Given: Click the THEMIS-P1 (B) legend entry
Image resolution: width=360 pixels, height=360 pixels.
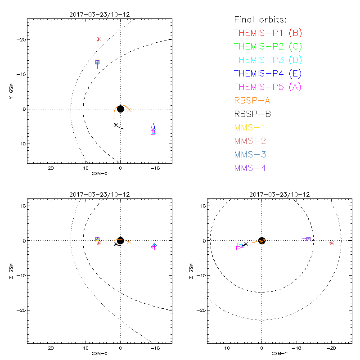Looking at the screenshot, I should click(x=268, y=33).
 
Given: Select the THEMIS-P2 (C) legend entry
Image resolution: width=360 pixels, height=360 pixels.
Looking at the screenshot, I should click(x=268, y=46).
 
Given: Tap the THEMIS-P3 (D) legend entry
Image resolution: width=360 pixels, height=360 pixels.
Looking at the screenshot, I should click(x=268, y=60).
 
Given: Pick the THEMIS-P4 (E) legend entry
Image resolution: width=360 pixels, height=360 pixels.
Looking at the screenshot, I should click(x=268, y=73).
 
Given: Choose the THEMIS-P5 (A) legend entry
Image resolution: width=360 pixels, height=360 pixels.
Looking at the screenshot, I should click(x=268, y=87).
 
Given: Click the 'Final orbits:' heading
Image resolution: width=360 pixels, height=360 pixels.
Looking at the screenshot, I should click(x=261, y=19).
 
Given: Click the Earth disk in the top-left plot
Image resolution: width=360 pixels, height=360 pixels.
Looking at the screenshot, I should click(x=121, y=109).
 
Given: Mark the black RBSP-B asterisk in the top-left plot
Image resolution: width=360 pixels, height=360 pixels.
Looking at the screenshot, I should click(x=116, y=125).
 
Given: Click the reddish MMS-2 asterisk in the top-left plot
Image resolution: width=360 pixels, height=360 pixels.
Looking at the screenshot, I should click(x=99, y=39).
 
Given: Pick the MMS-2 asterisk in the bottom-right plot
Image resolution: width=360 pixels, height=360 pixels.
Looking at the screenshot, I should click(x=332, y=243).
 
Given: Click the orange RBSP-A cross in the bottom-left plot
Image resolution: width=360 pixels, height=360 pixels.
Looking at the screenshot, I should click(x=129, y=242).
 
